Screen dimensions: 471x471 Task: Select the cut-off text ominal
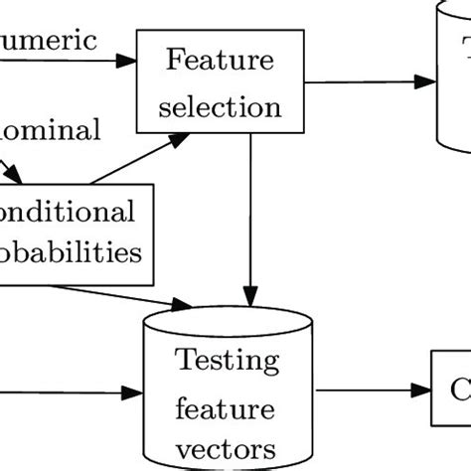tap(50, 128)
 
